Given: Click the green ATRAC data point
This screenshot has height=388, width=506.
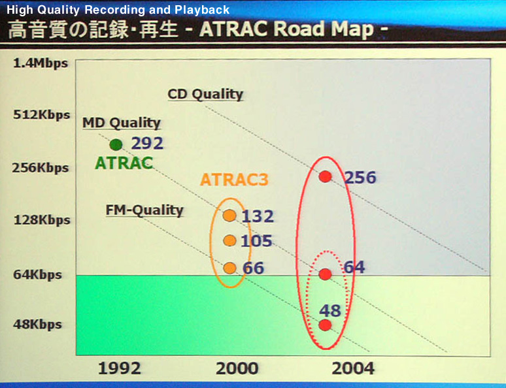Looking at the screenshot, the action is [116, 145].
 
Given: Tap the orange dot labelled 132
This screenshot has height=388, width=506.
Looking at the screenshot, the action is [229, 216].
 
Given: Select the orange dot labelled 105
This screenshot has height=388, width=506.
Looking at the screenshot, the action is [229, 240].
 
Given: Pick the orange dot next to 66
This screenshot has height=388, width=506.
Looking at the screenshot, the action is [229, 268].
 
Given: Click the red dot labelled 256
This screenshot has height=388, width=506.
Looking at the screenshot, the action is [326, 177].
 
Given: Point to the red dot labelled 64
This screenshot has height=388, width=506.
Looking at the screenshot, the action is [326, 274].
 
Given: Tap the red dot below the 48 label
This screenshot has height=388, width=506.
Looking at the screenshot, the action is [326, 325].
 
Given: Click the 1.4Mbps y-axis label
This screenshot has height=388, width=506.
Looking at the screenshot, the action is [41, 63].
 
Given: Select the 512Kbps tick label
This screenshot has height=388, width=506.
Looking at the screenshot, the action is [42, 115].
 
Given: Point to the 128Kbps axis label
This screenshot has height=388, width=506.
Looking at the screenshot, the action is [42, 220].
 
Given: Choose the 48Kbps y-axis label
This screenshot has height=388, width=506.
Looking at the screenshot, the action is [37, 325].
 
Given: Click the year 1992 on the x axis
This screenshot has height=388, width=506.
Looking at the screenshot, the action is [120, 368].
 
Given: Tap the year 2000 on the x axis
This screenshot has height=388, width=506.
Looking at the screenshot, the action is [237, 368].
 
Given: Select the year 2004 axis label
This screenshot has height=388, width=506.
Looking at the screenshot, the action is [353, 368].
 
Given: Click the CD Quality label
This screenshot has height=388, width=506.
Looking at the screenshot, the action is [205, 95].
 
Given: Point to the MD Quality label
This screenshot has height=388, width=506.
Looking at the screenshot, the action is [122, 123].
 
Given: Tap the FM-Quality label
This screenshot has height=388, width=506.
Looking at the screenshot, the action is [144, 210].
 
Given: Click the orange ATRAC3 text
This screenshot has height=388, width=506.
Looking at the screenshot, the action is [234, 180].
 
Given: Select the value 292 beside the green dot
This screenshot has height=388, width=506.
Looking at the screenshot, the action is [147, 143].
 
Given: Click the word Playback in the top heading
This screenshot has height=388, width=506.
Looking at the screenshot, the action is [202, 10].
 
